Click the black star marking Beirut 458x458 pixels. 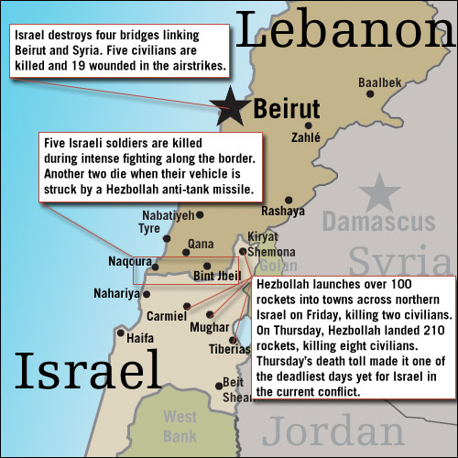pos(228,109)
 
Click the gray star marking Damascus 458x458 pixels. pos(374,192)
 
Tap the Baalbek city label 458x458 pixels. pos(379,82)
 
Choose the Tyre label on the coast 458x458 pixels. pos(148,228)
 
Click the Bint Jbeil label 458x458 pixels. pos(216,276)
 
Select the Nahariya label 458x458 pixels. pos(116,294)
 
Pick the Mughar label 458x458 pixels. pos(208,326)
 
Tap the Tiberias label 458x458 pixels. pos(229,349)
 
